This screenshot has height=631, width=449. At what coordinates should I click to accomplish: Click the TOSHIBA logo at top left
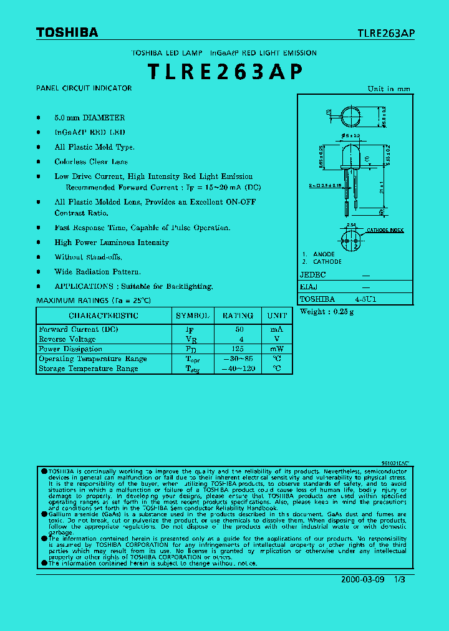tap(67, 32)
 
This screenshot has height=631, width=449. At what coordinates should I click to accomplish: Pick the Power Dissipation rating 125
tap(237, 349)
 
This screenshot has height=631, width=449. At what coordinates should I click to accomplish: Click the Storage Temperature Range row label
tap(88, 369)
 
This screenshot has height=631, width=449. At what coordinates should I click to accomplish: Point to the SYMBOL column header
tap(193, 316)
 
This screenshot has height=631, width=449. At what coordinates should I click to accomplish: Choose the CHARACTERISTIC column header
tap(104, 316)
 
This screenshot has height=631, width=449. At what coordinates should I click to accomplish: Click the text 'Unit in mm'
tap(389, 89)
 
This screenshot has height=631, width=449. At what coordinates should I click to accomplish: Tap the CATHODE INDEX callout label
tap(385, 231)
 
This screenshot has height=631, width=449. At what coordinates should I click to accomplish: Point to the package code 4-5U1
tap(365, 299)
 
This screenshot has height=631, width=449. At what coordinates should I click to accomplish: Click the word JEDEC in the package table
tap(314, 274)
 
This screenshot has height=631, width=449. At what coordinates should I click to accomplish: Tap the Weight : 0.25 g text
tap(327, 312)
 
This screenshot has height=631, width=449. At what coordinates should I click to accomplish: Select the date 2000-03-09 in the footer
tap(363, 579)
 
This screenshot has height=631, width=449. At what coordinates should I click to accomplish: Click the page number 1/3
tap(400, 579)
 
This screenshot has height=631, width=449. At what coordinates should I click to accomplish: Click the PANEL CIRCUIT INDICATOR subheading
tap(84, 89)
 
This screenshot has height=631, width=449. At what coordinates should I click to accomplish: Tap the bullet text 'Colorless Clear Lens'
tap(91, 162)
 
